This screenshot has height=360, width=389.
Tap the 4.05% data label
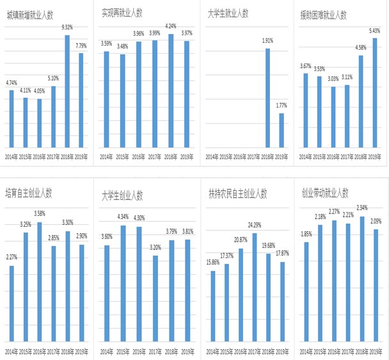click(x=40, y=92)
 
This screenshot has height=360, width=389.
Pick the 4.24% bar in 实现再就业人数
click(x=171, y=90)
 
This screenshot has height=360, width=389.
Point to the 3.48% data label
click(x=123, y=46)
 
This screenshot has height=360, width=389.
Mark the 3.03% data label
click(x=333, y=79)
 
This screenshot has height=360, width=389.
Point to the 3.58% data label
click(x=40, y=214)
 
